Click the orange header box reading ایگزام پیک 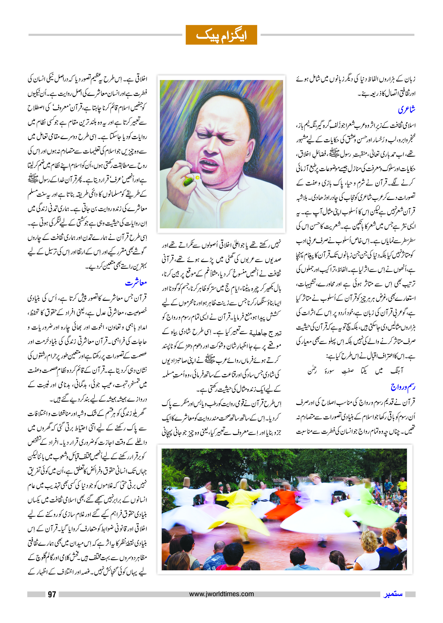click(x=221, y=35)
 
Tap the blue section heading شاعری click(x=406, y=110)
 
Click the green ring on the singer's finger click(x=188, y=181)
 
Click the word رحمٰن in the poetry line click(x=312, y=371)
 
